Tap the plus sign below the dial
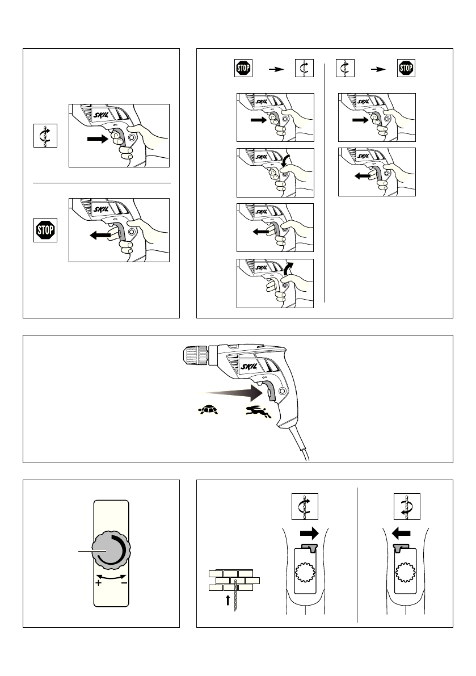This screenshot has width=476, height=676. point(99,583)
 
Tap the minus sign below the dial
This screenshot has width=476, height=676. point(124,583)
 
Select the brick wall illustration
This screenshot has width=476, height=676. point(233,580)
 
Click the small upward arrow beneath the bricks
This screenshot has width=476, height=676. point(228,599)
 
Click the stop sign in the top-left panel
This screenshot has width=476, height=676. point(45,230)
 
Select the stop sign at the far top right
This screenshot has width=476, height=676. point(407,69)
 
